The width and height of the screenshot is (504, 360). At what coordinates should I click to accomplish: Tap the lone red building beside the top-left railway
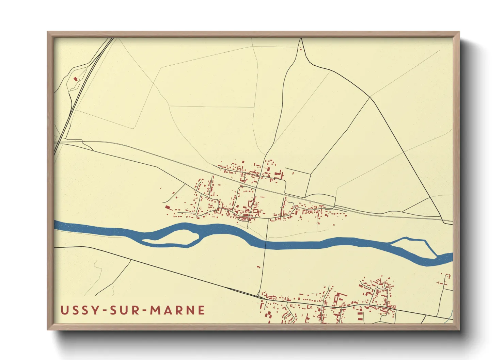click(76, 79)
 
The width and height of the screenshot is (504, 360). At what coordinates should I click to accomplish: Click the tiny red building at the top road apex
click(300, 50)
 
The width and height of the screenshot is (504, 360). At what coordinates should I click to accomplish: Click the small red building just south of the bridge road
click(258, 267)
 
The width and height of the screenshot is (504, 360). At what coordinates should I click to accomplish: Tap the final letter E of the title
click(201, 310)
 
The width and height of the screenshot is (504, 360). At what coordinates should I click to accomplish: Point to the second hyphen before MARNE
click(145, 311)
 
